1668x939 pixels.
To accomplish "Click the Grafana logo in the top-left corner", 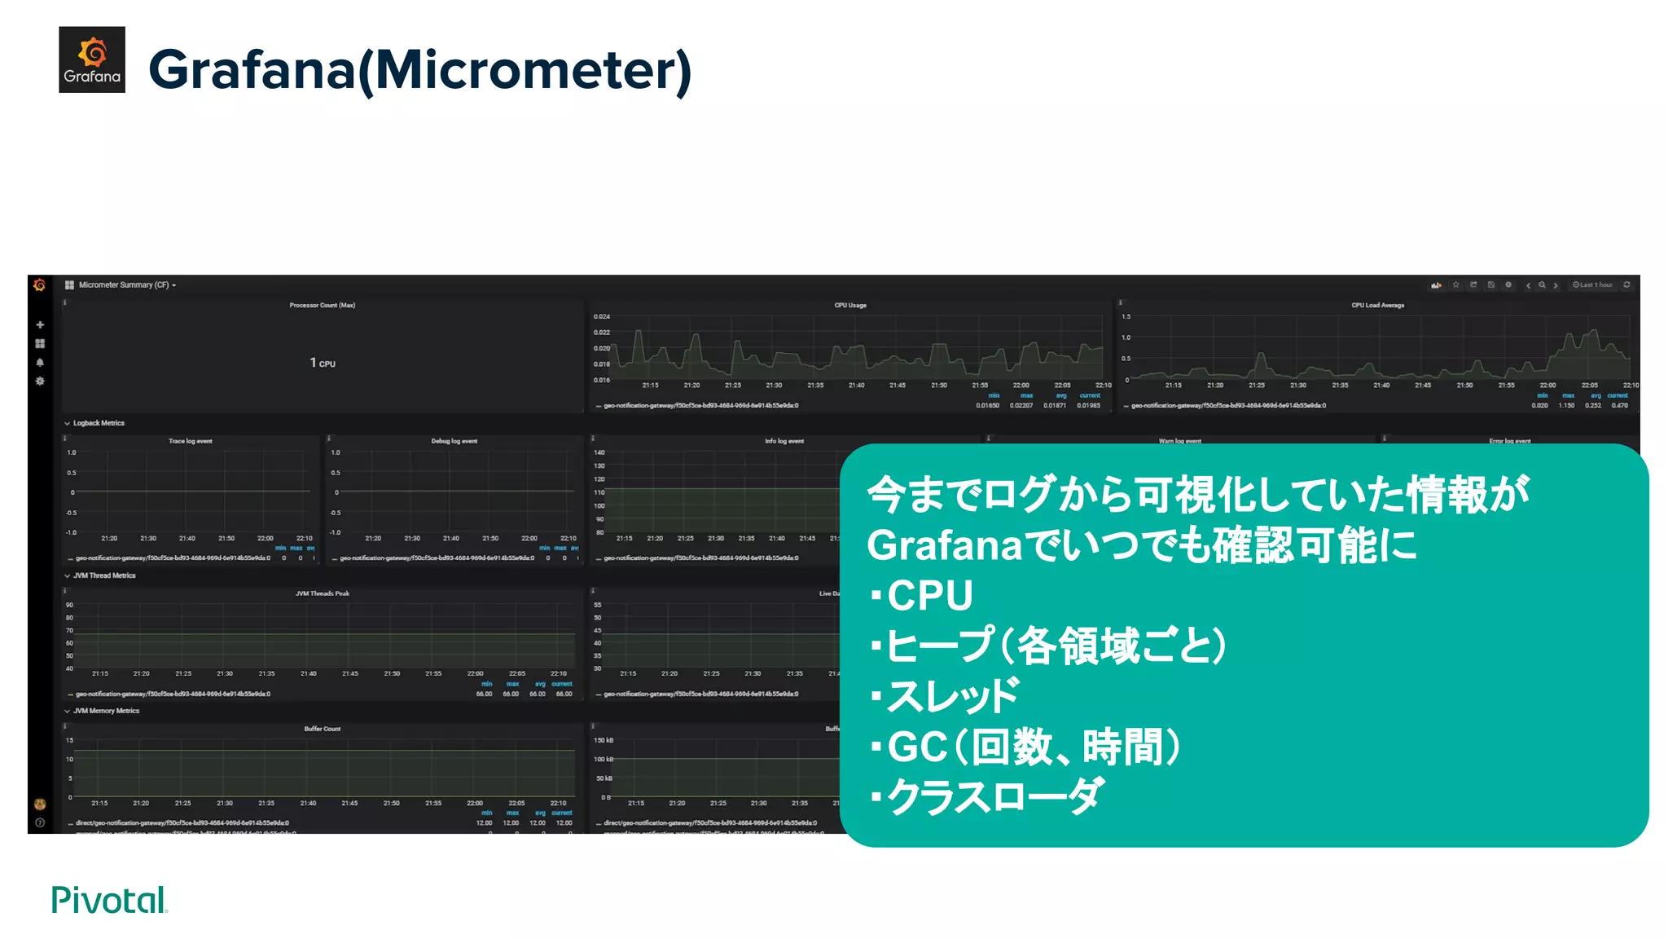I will pyautogui.click(x=91, y=60).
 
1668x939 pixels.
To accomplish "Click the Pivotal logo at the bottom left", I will pyautogui.click(x=109, y=900).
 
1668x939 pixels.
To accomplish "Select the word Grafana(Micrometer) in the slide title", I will pyautogui.click(x=419, y=70).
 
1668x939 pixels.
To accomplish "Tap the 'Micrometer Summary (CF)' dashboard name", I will pyautogui.click(x=124, y=285).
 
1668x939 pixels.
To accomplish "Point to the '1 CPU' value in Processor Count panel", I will pyautogui.click(x=323, y=363).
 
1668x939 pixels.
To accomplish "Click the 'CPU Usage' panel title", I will pyautogui.click(x=849, y=306).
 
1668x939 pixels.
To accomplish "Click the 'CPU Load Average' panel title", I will pyautogui.click(x=1377, y=306).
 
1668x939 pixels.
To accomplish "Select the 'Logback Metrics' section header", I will pyautogui.click(x=99, y=423).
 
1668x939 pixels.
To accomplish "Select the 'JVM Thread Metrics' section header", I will pyautogui.click(x=104, y=575).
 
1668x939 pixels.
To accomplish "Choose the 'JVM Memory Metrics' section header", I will pyautogui.click(x=106, y=711).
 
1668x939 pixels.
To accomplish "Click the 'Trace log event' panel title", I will pyautogui.click(x=190, y=441).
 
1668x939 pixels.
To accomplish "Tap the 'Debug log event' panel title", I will pyautogui.click(x=454, y=441).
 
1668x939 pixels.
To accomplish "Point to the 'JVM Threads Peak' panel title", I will pyautogui.click(x=322, y=593).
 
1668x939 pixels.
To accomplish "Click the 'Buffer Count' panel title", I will pyautogui.click(x=322, y=729).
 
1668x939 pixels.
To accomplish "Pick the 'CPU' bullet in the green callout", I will pyautogui.click(x=929, y=596).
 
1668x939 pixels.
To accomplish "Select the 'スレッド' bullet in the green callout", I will pyautogui.click(x=951, y=696).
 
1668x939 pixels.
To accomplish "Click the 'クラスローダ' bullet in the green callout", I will pyautogui.click(x=994, y=796).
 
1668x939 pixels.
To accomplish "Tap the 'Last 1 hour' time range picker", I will pyautogui.click(x=1592, y=285).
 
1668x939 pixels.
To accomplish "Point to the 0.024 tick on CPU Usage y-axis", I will pyautogui.click(x=601, y=316).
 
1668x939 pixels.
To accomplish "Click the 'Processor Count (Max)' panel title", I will pyautogui.click(x=322, y=306).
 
